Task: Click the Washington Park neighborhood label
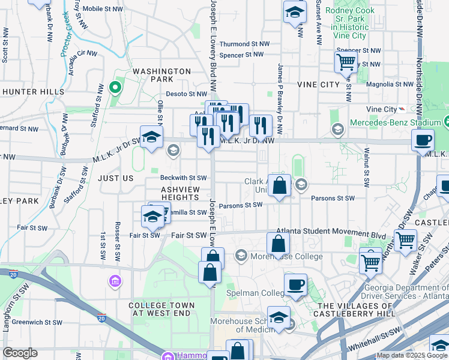tap(161, 75)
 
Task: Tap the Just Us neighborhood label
tap(115, 178)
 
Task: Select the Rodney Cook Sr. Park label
tap(349, 23)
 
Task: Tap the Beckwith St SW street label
tap(183, 178)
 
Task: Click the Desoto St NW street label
tap(186, 94)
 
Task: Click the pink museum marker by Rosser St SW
tap(115, 281)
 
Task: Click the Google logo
tap(20, 353)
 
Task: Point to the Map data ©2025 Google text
tap(411, 355)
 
